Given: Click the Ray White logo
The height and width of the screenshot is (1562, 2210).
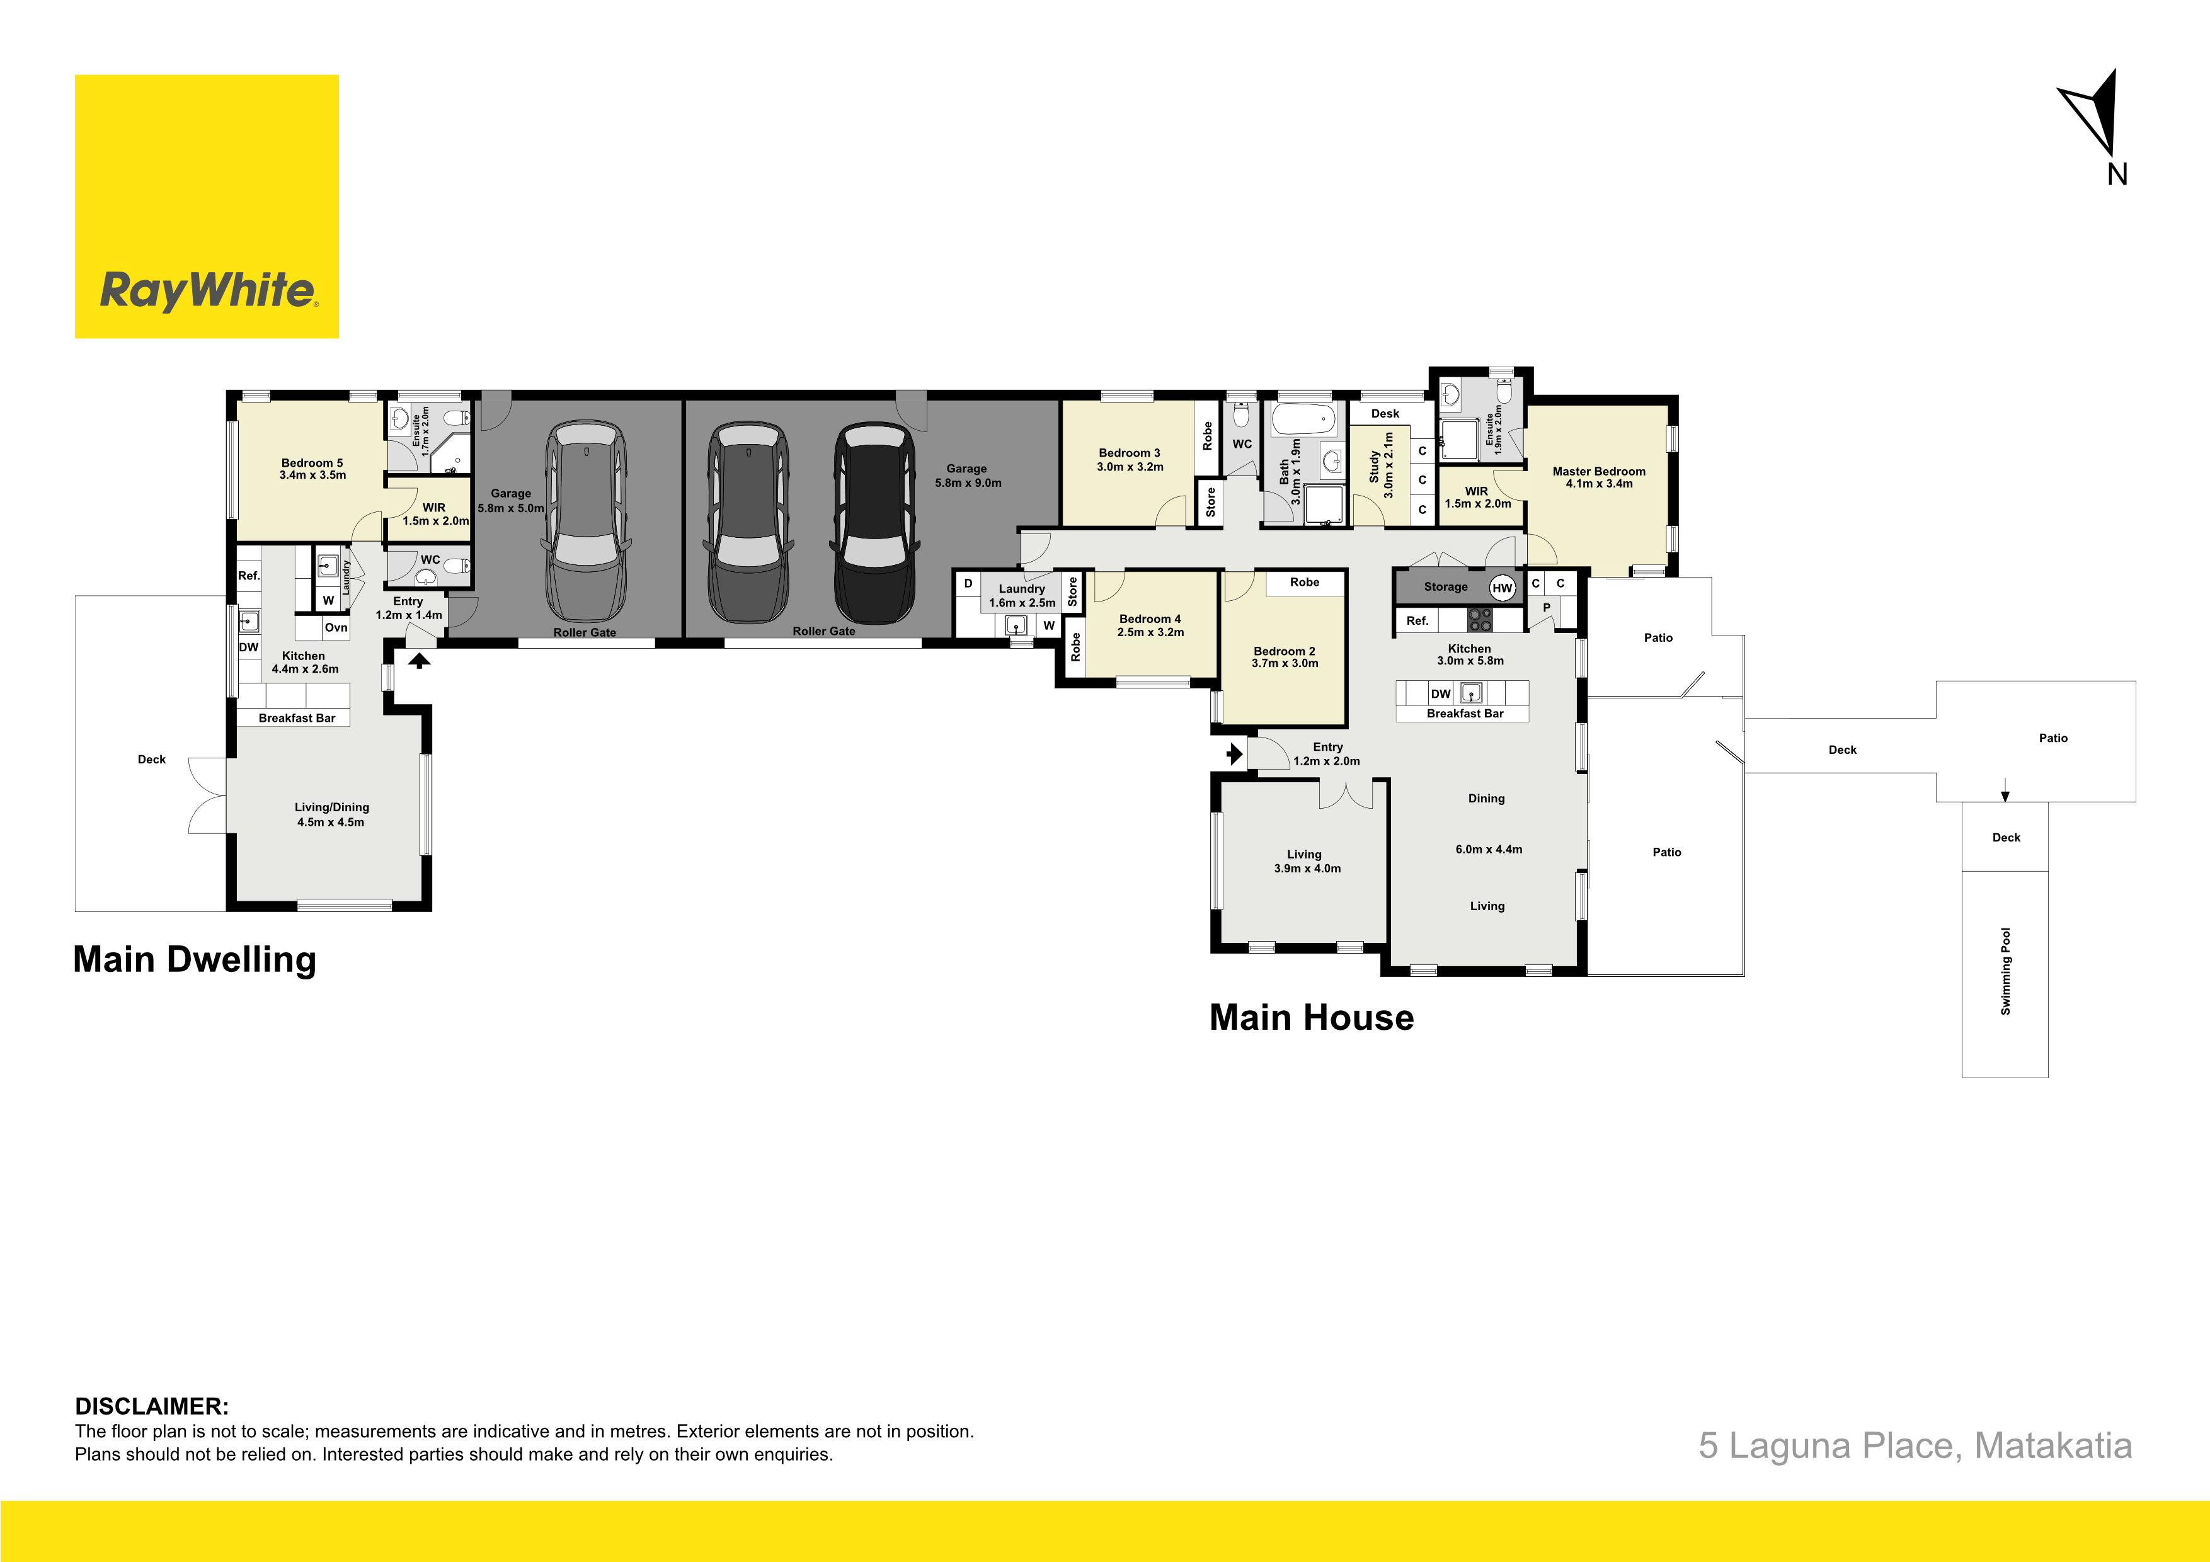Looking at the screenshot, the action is point(207,207).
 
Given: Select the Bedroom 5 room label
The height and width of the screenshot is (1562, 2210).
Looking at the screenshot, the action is point(312,469).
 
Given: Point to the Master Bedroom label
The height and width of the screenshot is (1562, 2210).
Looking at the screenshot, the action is point(1599,477).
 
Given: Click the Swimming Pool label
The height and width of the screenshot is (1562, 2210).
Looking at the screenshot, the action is point(2006,971).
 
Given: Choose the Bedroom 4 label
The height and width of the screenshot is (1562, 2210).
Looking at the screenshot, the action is point(1150,625).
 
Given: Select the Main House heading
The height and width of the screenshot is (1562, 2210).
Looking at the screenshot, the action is point(1311,1017).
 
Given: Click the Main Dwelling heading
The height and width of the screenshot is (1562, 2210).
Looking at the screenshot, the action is point(195,959).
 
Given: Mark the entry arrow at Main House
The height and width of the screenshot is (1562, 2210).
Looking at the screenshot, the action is point(1235,753).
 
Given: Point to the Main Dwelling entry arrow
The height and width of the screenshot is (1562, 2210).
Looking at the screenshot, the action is point(419,660).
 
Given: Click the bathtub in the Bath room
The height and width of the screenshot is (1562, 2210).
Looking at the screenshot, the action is point(1303,419).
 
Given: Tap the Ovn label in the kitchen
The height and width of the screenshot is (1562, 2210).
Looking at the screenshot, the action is point(336,627).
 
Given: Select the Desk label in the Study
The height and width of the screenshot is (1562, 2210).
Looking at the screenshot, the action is point(1385,414).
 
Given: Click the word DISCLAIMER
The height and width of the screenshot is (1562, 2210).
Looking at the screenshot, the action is point(152,1406).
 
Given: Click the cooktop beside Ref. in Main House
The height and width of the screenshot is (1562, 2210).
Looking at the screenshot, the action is point(1479,620).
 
